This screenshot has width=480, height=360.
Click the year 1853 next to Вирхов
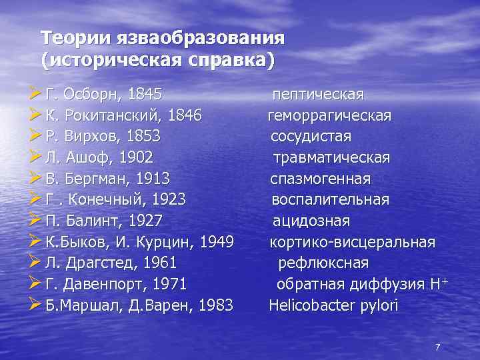[142, 137]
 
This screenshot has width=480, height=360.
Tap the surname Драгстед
[107, 263]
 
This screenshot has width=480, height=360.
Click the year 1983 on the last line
[215, 305]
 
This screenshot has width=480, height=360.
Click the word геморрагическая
[329, 116]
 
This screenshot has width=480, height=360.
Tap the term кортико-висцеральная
[352, 241]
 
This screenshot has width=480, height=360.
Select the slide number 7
[437, 347]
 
